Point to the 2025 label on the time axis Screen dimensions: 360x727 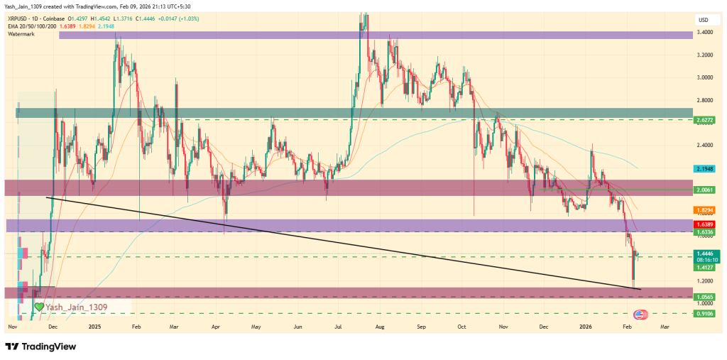coord(95,327)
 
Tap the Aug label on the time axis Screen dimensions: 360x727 coord(380,327)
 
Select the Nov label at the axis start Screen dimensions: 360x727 coord(12,327)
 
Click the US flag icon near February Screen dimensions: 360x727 coord(639,313)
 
